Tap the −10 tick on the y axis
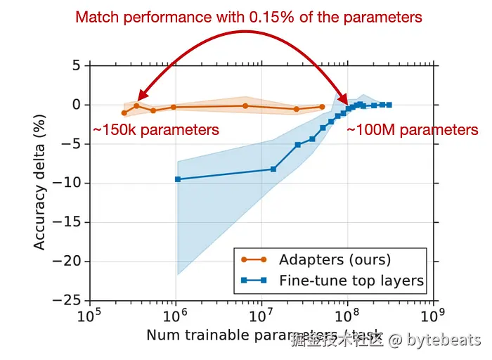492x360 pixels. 70,183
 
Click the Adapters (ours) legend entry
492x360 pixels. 335,259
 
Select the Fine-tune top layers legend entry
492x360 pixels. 351,281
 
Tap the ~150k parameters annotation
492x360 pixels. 156,130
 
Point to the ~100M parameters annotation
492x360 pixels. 413,130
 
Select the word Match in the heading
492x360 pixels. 97,16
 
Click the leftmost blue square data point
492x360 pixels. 177,179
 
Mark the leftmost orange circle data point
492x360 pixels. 124,112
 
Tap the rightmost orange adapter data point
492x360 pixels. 322,107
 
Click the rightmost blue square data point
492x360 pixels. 389,105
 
